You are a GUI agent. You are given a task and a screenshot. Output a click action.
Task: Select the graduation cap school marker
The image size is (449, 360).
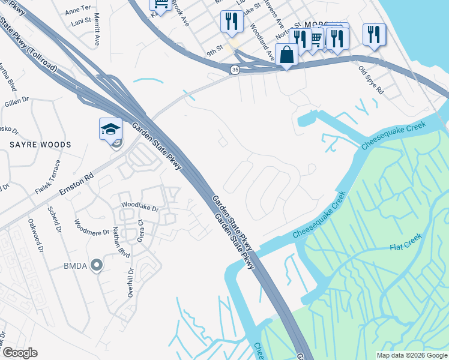coord(110,129)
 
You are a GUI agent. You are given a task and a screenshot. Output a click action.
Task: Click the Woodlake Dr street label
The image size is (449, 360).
coord(139,206)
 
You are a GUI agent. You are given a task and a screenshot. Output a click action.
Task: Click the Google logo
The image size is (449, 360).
coord(20,353)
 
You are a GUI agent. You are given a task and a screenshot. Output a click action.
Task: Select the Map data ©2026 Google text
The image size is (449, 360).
coord(411,355)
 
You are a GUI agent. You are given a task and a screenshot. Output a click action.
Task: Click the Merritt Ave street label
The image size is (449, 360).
coord(97,32)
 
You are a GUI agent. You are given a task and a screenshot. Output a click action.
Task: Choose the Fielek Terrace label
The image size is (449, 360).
coord(49,177)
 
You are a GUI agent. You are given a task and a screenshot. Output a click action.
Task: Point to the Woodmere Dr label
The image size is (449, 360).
coord(92,228)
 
